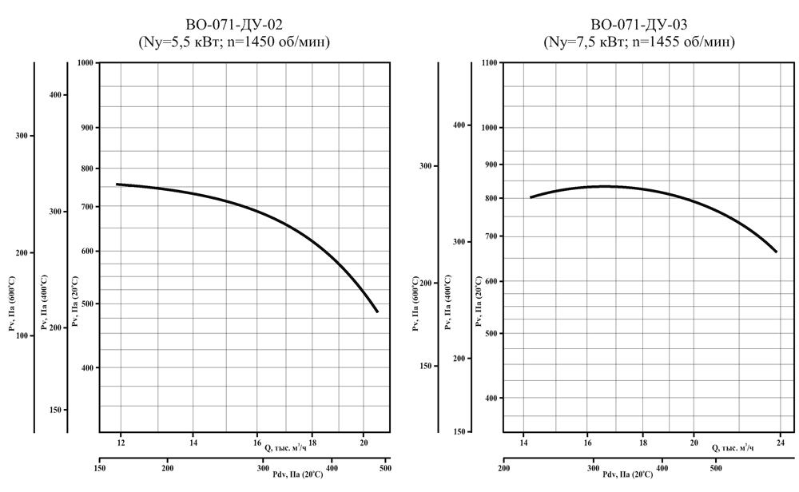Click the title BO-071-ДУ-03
point(638,24)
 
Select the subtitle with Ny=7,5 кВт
point(638,41)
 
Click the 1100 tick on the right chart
point(489,62)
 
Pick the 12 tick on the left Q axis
point(121,442)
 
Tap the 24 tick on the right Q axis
point(780,442)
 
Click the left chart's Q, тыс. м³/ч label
point(285,448)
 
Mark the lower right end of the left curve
point(377,311)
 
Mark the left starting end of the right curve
point(531,197)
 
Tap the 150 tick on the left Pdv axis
point(100,469)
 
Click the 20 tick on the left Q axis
point(364,442)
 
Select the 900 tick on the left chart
point(85,128)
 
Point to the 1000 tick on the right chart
point(489,128)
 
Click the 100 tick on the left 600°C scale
point(22,335)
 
